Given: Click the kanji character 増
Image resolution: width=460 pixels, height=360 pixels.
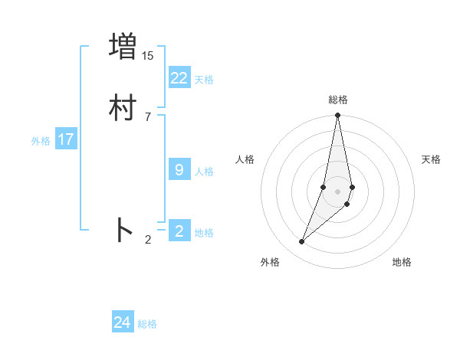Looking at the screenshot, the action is pyautogui.click(x=123, y=47).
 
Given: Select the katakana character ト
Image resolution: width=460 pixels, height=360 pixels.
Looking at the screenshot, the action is pyautogui.click(x=123, y=231).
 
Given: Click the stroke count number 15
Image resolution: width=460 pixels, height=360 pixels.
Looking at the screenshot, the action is pyautogui.click(x=148, y=56).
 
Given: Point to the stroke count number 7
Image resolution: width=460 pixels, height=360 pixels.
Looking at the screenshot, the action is pyautogui.click(x=148, y=116).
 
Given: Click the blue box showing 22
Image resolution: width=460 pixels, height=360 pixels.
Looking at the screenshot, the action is pyautogui.click(x=179, y=78).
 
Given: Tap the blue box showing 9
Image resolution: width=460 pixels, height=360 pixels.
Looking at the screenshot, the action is pyautogui.click(x=179, y=170).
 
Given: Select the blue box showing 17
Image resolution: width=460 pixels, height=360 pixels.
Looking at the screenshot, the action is pyautogui.click(x=66, y=139).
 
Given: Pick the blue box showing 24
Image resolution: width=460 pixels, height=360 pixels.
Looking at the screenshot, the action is pyautogui.click(x=123, y=323).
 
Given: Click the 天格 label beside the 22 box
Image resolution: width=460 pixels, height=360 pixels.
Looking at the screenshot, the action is pyautogui.click(x=204, y=80).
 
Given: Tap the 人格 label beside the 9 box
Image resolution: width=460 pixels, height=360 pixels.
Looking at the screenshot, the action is pyautogui.click(x=204, y=172).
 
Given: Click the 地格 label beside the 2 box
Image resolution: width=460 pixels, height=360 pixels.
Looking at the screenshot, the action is pyautogui.click(x=204, y=233).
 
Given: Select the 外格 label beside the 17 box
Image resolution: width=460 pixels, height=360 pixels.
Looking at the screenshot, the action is pyautogui.click(x=41, y=141).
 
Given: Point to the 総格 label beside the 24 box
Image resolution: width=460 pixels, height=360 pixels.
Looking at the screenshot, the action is pyautogui.click(x=147, y=325).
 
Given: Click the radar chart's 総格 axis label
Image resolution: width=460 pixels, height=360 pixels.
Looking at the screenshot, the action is pyautogui.click(x=338, y=100).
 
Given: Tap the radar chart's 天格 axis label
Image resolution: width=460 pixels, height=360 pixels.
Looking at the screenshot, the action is pyautogui.click(x=431, y=159).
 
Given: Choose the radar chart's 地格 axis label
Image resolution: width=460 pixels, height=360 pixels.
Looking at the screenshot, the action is pyautogui.click(x=402, y=262).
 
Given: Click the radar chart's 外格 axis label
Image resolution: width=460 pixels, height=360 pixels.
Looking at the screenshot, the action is pyautogui.click(x=270, y=262).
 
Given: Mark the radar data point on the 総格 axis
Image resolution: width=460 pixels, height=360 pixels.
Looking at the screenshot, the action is pyautogui.click(x=338, y=116).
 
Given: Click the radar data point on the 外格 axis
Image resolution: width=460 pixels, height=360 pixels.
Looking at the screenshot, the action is pyautogui.click(x=302, y=242).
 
